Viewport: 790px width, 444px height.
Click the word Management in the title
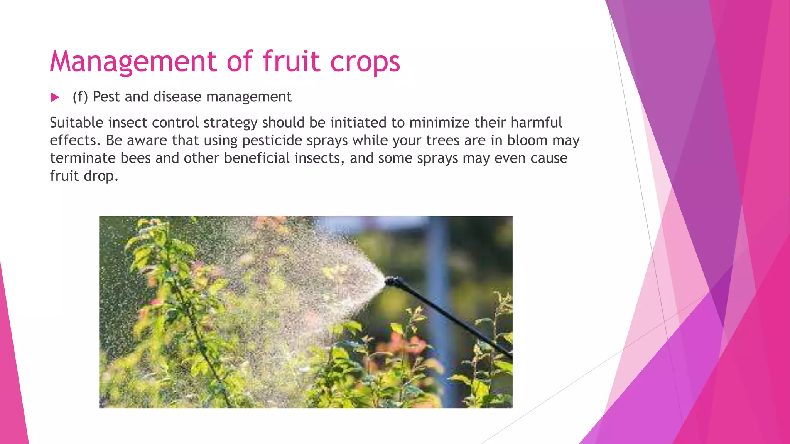click(x=133, y=62)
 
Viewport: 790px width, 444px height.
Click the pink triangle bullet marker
click(x=55, y=98)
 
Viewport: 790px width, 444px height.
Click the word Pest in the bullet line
click(x=106, y=97)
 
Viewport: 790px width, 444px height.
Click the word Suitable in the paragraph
click(x=77, y=123)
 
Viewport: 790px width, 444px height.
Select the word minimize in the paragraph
click(x=439, y=123)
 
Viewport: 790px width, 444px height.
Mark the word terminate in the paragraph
click(x=83, y=158)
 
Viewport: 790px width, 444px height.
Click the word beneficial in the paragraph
click(x=257, y=158)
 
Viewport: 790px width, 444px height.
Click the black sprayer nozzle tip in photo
click(x=392, y=281)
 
